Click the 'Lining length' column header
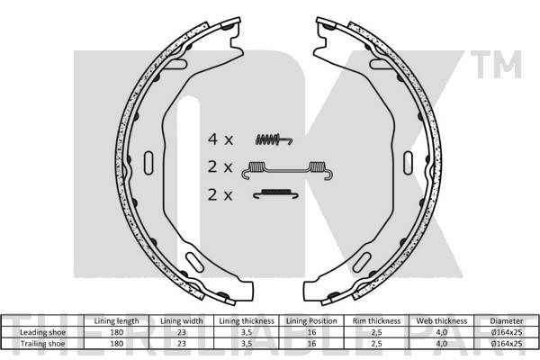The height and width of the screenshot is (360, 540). click(116, 321)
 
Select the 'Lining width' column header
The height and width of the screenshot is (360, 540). click(182, 321)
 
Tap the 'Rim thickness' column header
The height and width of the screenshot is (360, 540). click(376, 321)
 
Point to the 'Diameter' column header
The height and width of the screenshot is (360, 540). click(506, 321)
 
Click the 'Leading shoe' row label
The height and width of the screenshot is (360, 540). click(42, 332)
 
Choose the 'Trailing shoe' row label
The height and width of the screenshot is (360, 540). click(42, 344)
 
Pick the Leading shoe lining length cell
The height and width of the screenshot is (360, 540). click(116, 332)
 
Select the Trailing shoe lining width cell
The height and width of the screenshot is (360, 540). click(182, 344)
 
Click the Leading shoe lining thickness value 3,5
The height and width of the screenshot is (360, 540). click(247, 332)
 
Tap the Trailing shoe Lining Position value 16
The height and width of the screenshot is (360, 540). click(311, 344)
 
